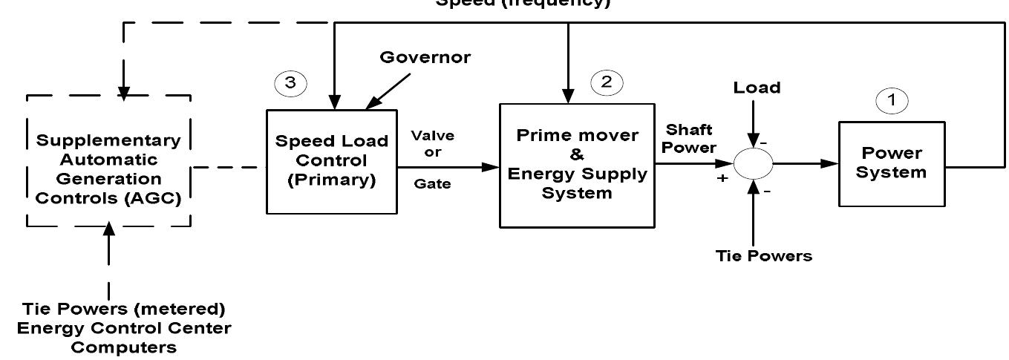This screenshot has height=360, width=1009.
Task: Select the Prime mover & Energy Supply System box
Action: click(577, 166)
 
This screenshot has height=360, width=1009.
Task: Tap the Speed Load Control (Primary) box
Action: click(331, 161)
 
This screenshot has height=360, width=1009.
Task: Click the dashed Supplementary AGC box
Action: click(108, 161)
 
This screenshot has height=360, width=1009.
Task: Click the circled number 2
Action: click(607, 82)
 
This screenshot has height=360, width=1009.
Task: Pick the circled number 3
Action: click(290, 83)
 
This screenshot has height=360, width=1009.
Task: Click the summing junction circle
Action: click(754, 163)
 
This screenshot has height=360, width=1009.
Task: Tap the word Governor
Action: click(425, 58)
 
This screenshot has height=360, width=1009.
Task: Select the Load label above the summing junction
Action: click(757, 88)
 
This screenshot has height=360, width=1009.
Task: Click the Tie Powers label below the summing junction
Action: click(763, 256)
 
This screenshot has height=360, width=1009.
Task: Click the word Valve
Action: click(433, 136)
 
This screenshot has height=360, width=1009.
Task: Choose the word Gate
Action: click(433, 184)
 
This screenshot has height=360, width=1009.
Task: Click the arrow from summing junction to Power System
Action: click(806, 163)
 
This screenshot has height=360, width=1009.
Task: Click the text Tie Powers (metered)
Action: click(123, 308)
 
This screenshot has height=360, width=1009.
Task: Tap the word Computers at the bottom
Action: click(123, 347)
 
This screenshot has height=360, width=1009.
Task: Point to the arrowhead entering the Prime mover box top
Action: click(568, 96)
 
